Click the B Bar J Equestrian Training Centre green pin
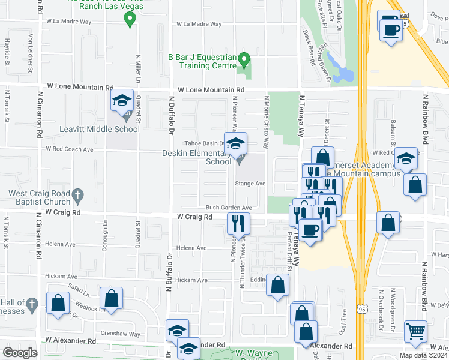pyautogui.click(x=244, y=60)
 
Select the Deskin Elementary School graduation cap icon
pyautogui.click(x=236, y=143)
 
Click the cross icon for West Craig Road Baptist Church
pyautogui.click(x=77, y=194)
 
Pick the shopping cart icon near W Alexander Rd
pyautogui.click(x=415, y=331)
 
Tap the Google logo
pyautogui.click(x=20, y=353)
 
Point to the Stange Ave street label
pyautogui.click(x=250, y=184)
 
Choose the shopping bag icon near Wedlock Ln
pyautogui.click(x=112, y=298)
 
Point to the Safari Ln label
pyautogui.click(x=77, y=295)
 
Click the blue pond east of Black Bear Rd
pyautogui.click(x=343, y=74)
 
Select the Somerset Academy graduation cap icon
pyautogui.click(x=406, y=159)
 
